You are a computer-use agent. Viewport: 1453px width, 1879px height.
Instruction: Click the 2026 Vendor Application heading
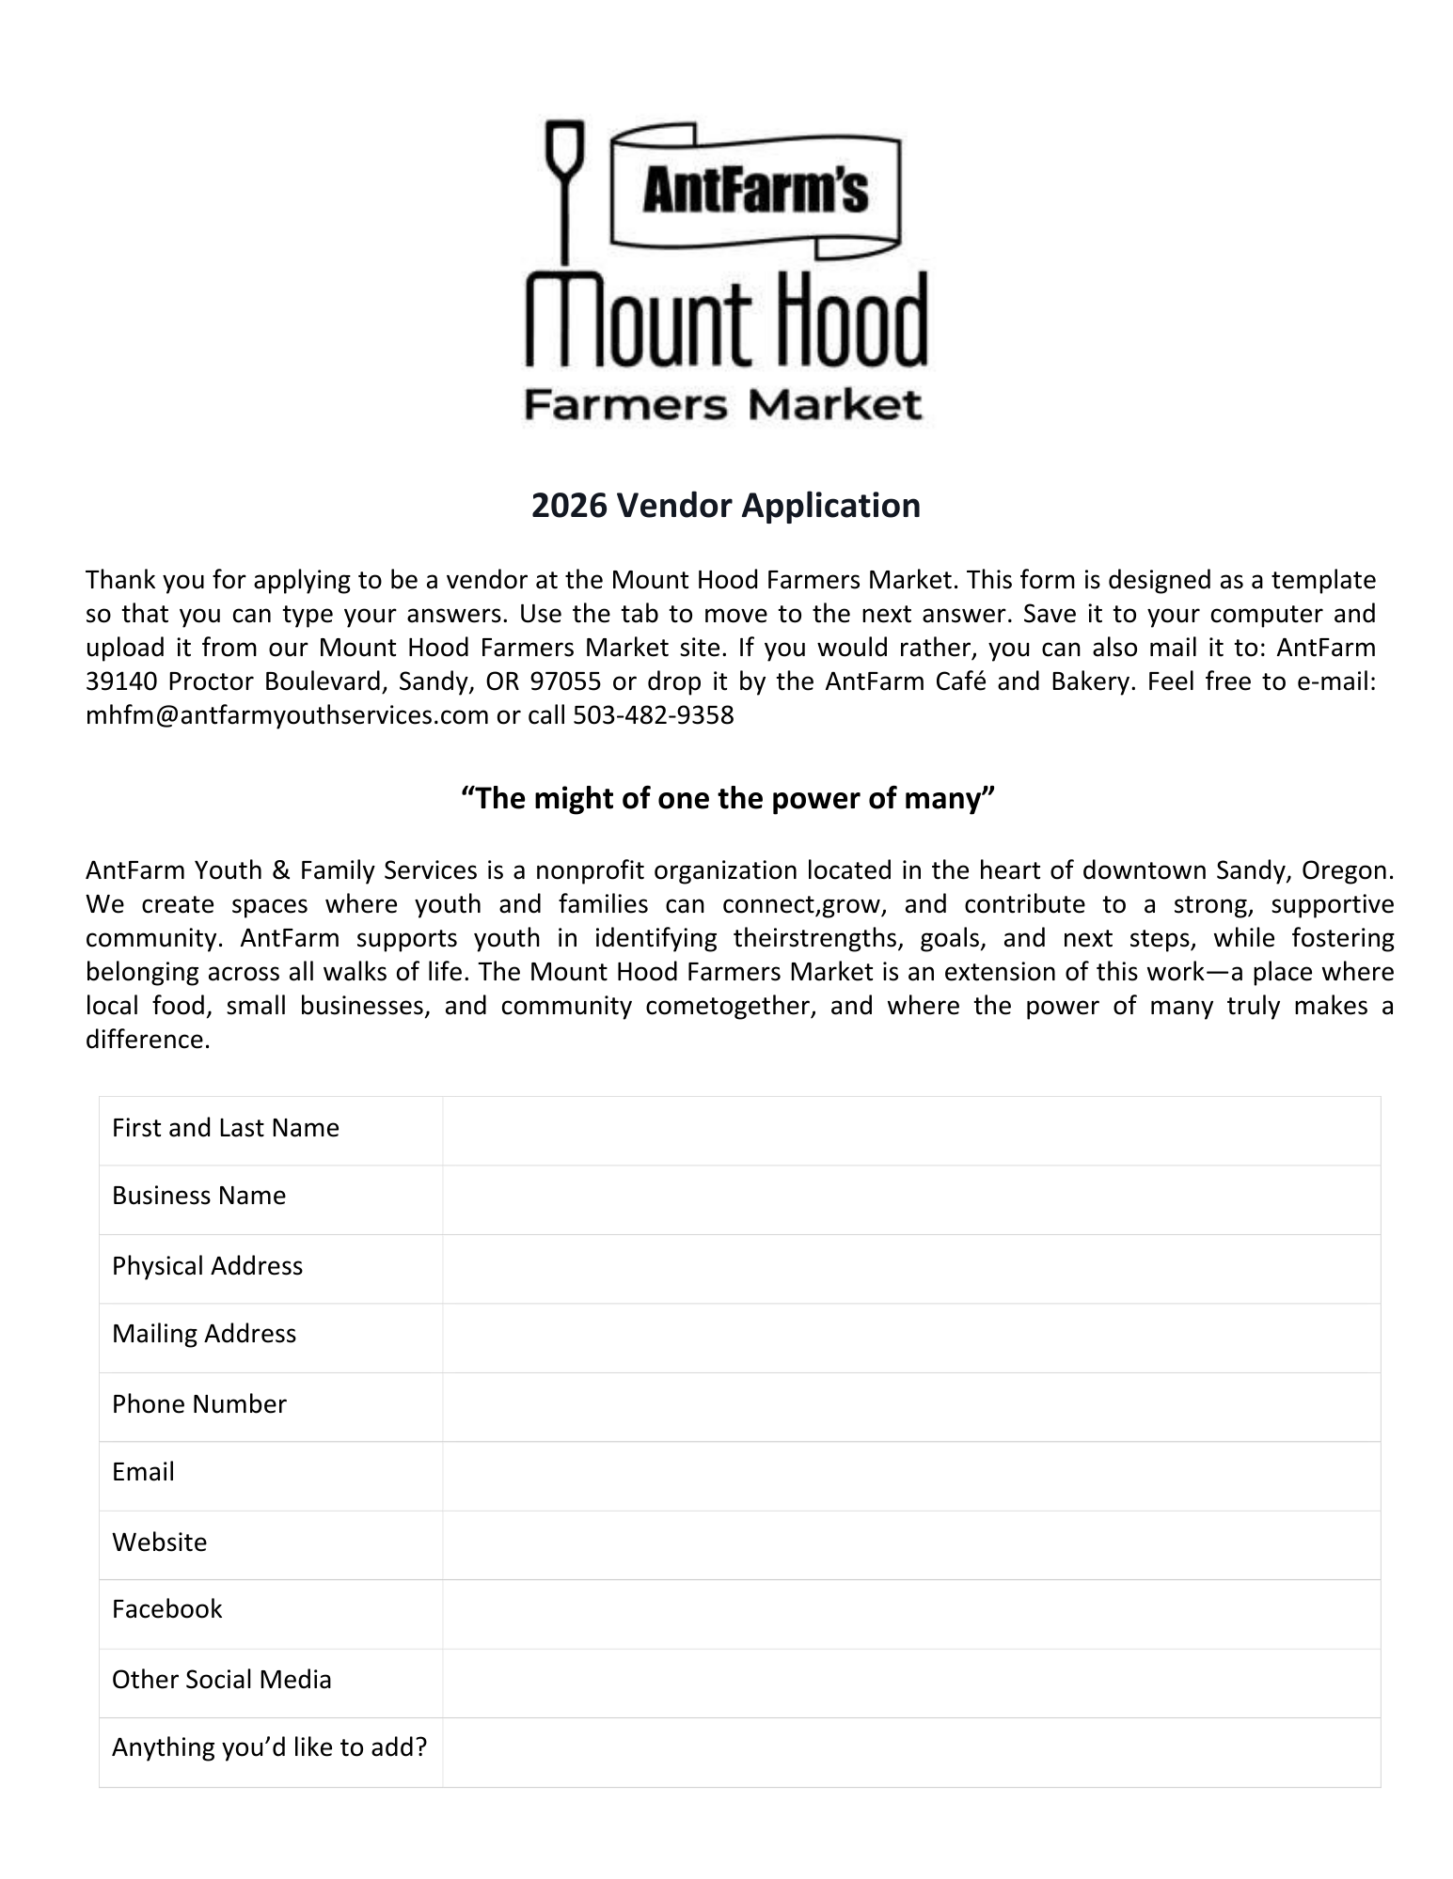click(726, 506)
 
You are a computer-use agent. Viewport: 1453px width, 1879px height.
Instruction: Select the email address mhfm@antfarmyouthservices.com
click(287, 715)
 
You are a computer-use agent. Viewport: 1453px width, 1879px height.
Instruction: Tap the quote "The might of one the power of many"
click(727, 799)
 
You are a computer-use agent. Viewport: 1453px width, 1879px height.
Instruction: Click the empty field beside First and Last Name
click(910, 1130)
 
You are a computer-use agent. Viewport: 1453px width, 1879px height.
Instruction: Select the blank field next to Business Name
click(910, 1198)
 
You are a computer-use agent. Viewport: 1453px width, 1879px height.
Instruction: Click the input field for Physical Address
click(910, 1268)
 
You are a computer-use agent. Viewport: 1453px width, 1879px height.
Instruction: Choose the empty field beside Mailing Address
click(910, 1337)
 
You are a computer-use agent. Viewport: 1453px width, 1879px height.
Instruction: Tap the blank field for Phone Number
click(910, 1406)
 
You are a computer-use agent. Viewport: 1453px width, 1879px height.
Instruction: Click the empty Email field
click(910, 1475)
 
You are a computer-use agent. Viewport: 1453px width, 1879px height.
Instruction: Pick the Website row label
click(160, 1542)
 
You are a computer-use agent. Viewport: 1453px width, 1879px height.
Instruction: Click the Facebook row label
click(167, 1610)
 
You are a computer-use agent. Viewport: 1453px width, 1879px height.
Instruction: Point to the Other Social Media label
click(222, 1680)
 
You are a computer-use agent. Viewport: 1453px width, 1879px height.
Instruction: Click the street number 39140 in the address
click(121, 681)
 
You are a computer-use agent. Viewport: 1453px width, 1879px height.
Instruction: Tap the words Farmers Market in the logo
click(722, 405)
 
